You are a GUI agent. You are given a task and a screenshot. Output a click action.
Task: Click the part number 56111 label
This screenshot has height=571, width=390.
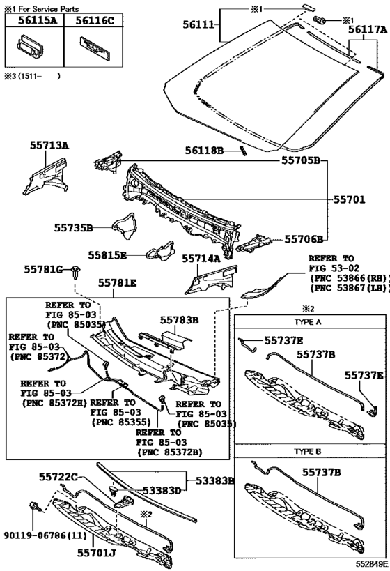coord(198,25)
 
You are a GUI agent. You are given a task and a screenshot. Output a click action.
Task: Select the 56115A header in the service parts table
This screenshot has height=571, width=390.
coord(38,20)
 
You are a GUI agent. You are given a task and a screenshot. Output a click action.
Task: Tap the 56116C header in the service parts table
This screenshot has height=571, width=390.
coord(95,20)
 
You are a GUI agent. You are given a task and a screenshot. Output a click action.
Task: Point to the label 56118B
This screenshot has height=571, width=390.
coord(204,150)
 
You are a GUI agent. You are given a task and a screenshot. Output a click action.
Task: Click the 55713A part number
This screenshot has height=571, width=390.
coord(49,146)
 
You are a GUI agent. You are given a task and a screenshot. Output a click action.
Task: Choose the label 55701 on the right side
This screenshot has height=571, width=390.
coord(349,199)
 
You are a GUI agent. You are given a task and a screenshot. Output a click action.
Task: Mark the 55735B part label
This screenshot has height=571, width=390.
coord(74,228)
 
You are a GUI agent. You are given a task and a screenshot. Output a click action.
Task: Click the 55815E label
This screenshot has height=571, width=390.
coord(107,255)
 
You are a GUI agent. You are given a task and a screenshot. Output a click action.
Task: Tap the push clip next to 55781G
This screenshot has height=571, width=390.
coord(76,272)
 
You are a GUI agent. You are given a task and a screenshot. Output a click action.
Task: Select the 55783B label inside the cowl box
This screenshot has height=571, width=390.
coord(180,320)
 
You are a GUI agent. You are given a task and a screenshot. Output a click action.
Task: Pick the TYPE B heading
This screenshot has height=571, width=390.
coord(308,451)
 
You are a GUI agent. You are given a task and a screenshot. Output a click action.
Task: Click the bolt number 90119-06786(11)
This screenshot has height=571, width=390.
coord(45,535)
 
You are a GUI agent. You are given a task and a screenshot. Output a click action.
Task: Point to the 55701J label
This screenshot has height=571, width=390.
coord(96,553)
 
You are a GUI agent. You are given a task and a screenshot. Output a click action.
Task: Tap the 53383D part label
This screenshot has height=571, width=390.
coord(162,491)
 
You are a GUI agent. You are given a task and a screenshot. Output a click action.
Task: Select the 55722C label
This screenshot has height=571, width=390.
coord(58,477)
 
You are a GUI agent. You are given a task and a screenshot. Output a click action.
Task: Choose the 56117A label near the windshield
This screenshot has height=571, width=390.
coord(368,30)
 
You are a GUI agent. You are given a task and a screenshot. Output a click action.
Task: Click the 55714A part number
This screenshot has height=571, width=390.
coord(201,259)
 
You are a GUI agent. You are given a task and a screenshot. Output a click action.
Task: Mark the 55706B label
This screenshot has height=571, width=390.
coord(304,239)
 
